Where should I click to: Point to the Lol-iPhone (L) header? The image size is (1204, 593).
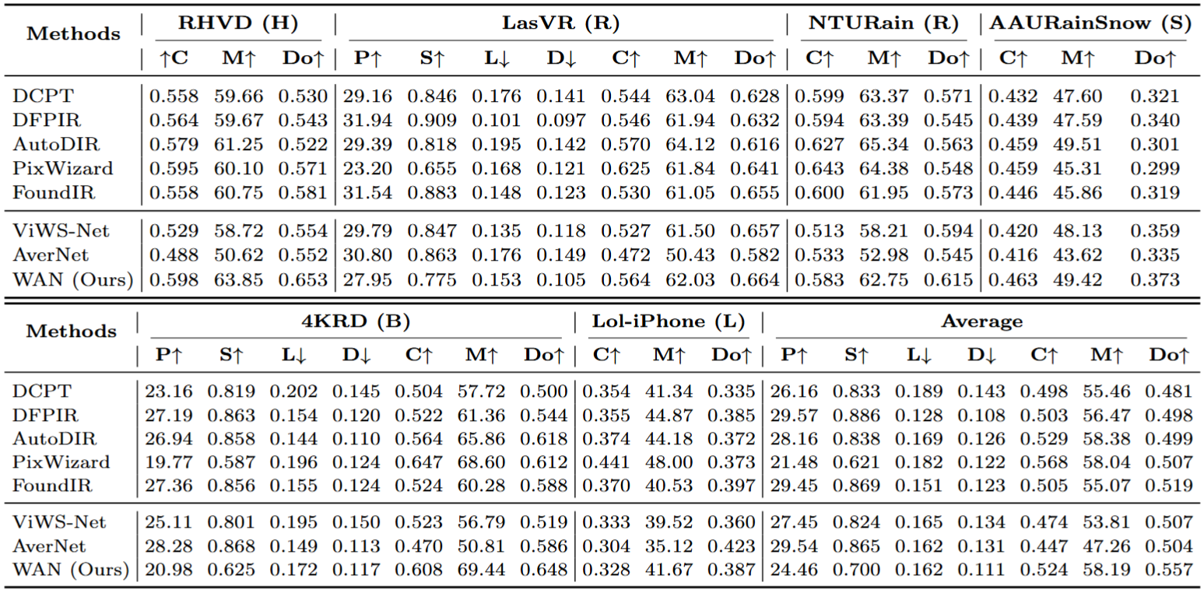[669, 321]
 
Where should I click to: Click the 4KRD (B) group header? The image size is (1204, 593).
[354, 321]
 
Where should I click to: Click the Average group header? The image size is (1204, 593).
[982, 321]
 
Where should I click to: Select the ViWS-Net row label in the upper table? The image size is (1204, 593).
[61, 230]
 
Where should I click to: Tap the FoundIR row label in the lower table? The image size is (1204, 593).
[52, 486]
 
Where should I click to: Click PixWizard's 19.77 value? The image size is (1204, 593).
[167, 462]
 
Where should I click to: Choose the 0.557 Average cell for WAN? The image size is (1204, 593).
[1168, 570]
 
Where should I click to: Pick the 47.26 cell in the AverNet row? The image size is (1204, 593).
[1105, 546]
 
